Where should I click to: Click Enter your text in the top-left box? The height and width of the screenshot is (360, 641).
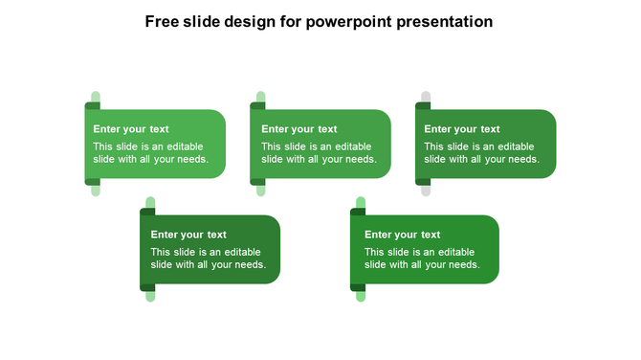[131, 129]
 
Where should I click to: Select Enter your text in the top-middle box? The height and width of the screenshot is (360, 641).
[299, 129]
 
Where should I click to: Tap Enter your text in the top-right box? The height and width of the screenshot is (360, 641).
[462, 129]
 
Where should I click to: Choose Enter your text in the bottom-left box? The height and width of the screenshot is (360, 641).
[188, 235]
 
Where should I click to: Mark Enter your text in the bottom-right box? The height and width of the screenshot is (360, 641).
[403, 235]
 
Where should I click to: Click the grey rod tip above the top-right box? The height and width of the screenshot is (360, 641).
[426, 96]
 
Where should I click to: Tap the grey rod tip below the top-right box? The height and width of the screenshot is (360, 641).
[426, 191]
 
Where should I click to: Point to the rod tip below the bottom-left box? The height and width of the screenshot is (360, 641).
[150, 296]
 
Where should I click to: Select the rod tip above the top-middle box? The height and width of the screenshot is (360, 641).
[260, 96]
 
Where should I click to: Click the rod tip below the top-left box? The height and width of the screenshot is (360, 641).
[96, 191]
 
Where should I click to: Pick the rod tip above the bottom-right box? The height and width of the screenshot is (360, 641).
[361, 201]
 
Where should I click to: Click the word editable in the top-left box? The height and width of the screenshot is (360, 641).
[182, 146]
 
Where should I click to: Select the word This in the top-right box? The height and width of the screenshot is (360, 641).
[435, 146]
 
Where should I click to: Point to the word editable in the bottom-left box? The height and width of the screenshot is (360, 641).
[240, 252]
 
